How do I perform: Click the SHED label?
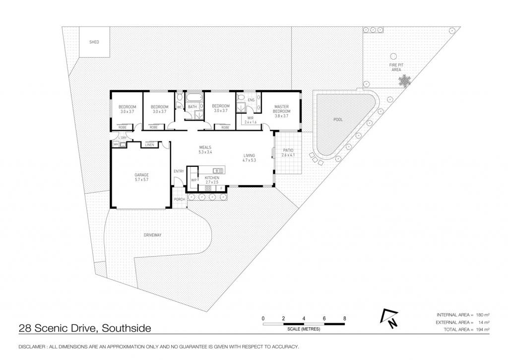tap(94, 42)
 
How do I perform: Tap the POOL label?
tap(338, 120)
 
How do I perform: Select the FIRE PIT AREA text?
tap(396, 68)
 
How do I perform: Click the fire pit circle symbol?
tap(393, 57)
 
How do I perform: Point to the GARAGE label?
tap(141, 175)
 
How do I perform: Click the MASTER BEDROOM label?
tap(282, 109)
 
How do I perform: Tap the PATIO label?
tap(288, 150)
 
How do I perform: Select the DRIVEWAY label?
tap(153, 235)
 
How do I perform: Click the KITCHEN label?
tap(212, 178)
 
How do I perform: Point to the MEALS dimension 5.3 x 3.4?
tap(205, 152)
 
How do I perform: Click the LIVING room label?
tap(249, 155)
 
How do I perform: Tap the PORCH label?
tap(180, 199)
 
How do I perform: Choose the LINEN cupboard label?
tap(150, 144)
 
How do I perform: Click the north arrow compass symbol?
tap(390, 318)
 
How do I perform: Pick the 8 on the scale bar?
tap(345, 318)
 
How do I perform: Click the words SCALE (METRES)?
tap(304, 329)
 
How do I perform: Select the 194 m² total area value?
tap(483, 330)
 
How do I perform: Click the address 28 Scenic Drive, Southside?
tap(85, 328)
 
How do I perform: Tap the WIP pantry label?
tap(194, 180)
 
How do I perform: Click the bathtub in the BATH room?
tap(194, 98)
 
